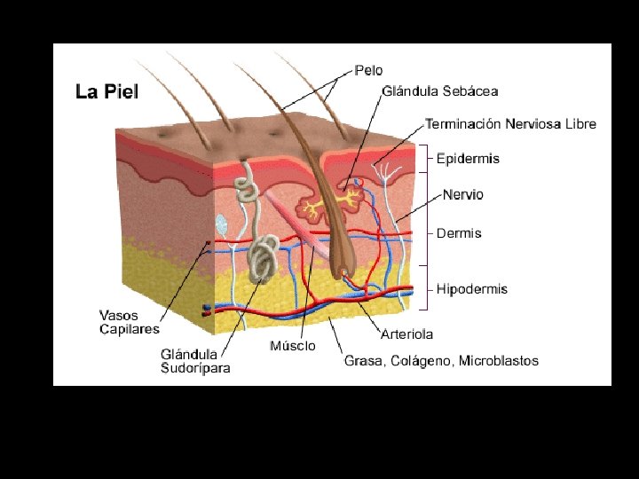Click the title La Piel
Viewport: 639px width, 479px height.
[x=106, y=91]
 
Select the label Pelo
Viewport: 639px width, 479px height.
[x=370, y=68]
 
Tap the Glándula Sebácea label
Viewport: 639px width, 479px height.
[x=440, y=90]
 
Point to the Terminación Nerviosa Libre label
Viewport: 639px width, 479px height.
[x=510, y=124]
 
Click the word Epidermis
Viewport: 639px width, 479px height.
[x=468, y=159]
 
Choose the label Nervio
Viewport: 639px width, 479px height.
[x=463, y=194]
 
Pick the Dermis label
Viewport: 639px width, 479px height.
[x=459, y=233]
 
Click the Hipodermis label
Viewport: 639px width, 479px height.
[x=472, y=289]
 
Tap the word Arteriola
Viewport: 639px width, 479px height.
[x=406, y=334]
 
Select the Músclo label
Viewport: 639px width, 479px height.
[x=292, y=345]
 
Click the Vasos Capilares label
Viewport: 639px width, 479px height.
[x=130, y=322]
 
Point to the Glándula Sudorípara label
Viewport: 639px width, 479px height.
[x=195, y=361]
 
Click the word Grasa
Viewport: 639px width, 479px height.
[x=364, y=361]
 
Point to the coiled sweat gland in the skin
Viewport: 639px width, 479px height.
[x=262, y=260]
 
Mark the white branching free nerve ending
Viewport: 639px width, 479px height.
[x=385, y=172]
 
